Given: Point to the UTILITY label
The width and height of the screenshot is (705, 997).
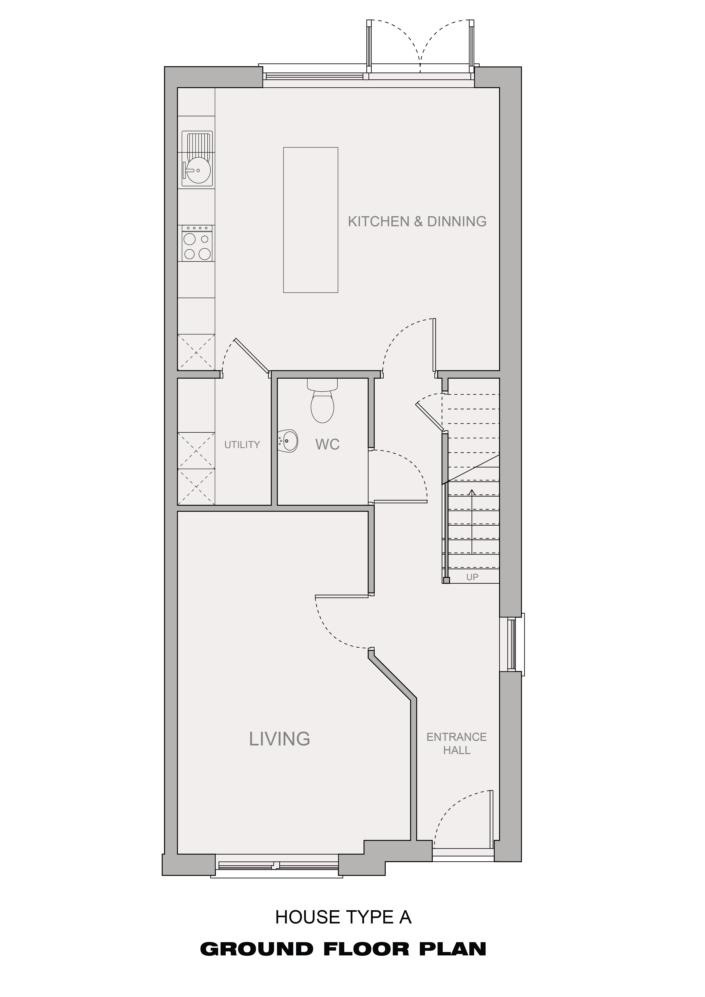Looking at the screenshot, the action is click(x=242, y=445).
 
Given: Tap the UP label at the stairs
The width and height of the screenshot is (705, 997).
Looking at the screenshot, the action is click(x=472, y=577).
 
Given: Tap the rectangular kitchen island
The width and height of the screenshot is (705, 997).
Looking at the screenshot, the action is click(x=310, y=220).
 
